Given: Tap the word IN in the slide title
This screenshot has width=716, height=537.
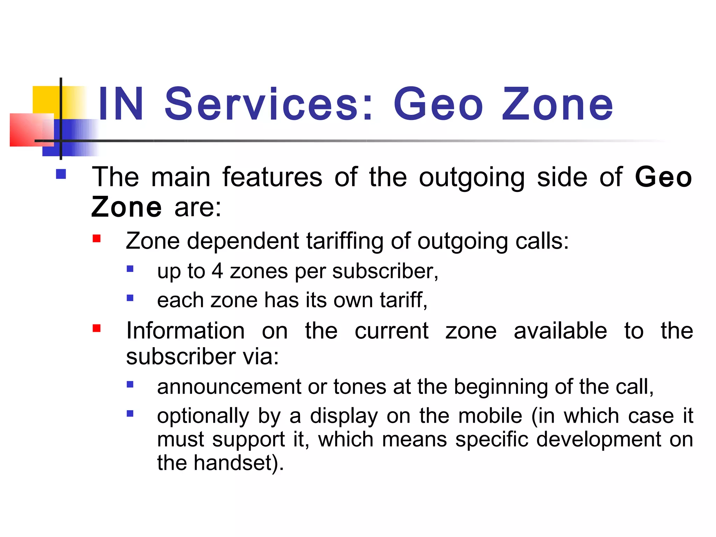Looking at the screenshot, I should (121, 104).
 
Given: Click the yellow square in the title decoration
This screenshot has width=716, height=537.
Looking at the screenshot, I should (46, 100).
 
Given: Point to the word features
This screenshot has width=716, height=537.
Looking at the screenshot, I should (272, 177).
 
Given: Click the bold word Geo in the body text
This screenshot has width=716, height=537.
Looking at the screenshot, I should (663, 177).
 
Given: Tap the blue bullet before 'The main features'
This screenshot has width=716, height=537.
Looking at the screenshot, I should (61, 174).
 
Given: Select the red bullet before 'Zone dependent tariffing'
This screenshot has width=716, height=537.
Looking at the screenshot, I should (96, 239).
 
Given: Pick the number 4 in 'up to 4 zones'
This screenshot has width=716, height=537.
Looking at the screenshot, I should (217, 271).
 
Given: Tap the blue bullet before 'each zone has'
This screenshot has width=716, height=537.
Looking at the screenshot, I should (130, 298).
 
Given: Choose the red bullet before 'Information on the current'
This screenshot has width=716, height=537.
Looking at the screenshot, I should (96, 328).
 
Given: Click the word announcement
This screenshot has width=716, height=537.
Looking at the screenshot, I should (229, 387).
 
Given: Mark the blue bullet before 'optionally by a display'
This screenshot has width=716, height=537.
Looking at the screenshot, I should (130, 414).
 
